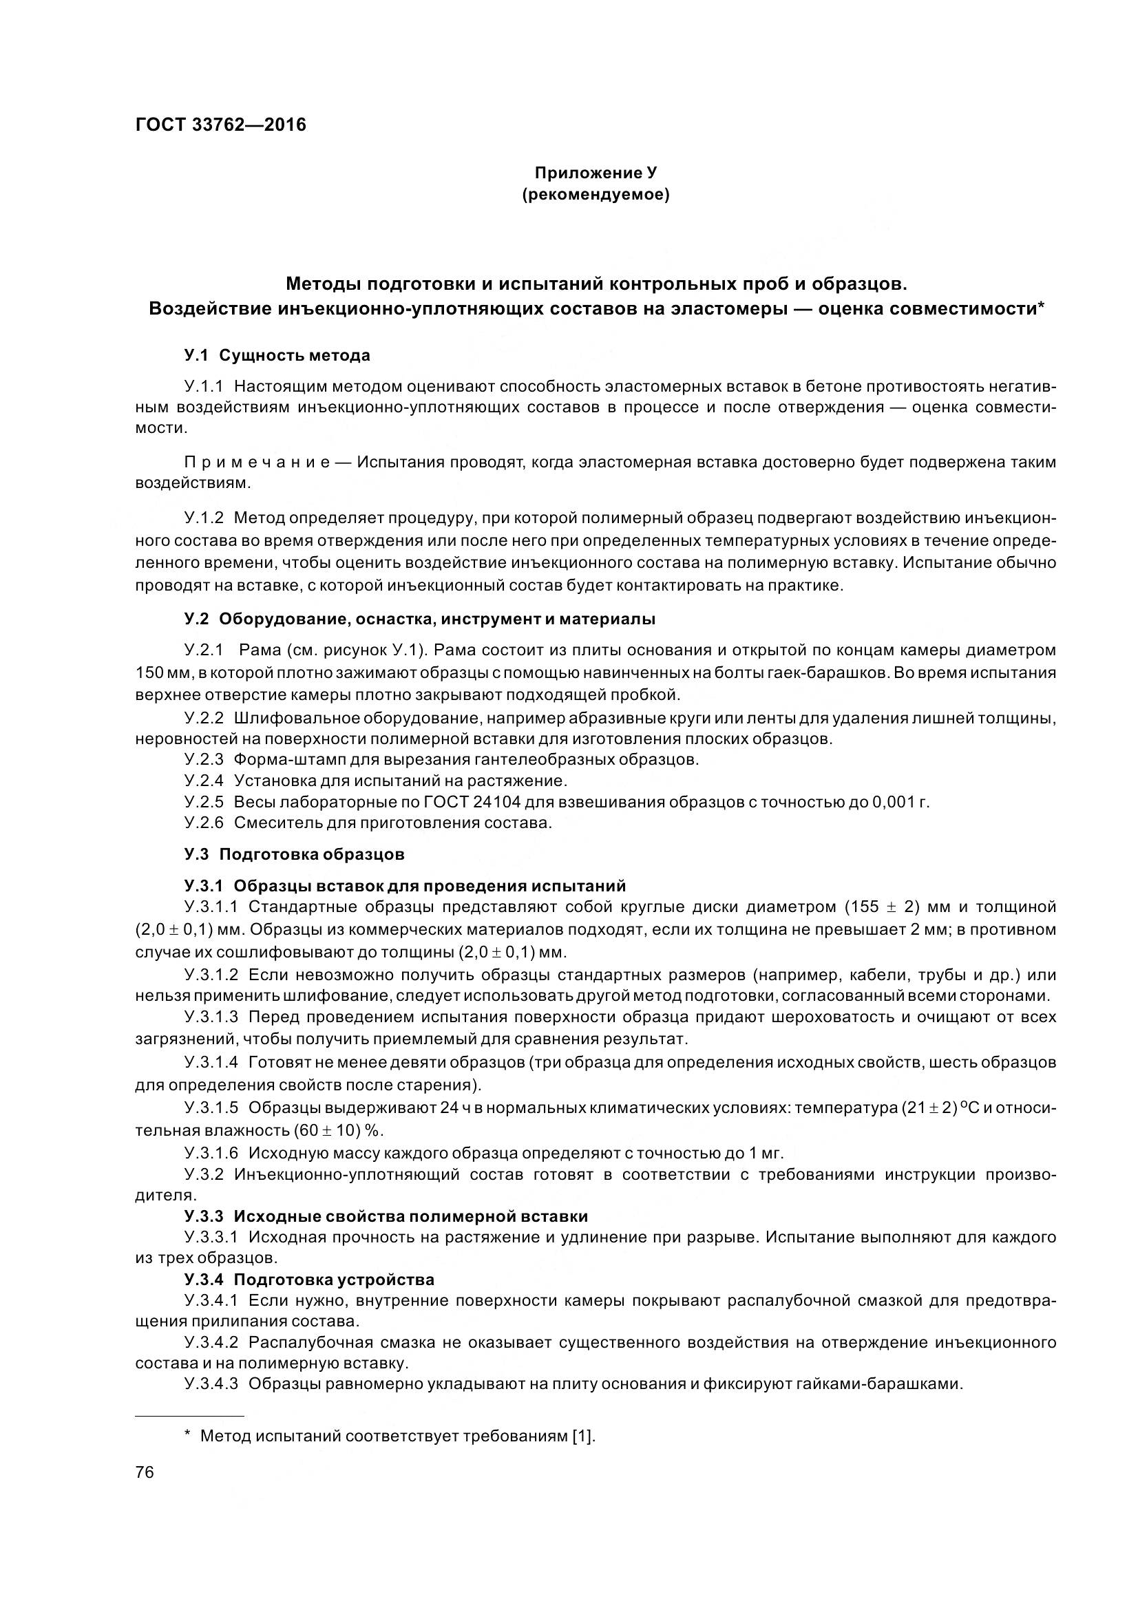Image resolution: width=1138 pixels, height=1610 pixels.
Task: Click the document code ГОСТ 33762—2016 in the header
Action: [220, 125]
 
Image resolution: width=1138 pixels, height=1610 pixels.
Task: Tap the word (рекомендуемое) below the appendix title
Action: [596, 195]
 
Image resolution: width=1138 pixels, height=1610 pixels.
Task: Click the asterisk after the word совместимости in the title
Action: [1040, 307]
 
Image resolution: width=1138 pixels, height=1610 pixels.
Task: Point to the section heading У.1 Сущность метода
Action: [277, 355]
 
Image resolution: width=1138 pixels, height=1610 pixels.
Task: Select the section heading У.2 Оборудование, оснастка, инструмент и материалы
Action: [420, 619]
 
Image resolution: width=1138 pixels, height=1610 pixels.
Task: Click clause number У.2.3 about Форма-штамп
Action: [204, 759]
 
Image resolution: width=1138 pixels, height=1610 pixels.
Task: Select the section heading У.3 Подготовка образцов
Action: [295, 854]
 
